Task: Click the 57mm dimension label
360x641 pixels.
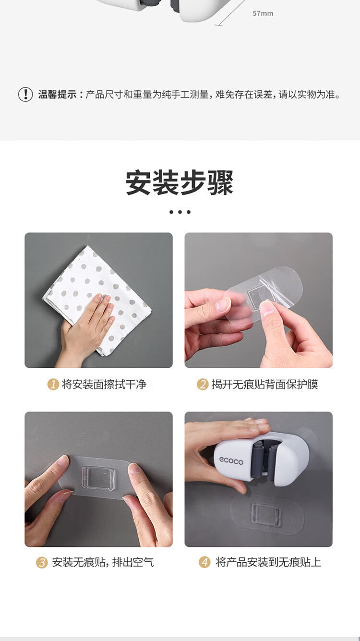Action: point(263,13)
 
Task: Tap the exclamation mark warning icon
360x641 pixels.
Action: point(25,94)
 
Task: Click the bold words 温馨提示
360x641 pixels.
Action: point(57,94)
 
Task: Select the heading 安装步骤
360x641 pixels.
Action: point(180,183)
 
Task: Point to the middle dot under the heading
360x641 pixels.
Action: point(180,212)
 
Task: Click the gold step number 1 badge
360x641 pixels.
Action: point(53,384)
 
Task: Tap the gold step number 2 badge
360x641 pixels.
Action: point(203,384)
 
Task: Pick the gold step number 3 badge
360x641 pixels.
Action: point(42,562)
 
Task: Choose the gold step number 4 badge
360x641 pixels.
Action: point(204,562)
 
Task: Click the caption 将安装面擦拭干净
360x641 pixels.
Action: point(104,384)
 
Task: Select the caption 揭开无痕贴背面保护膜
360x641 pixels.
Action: point(264,384)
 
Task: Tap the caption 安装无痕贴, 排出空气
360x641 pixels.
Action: point(103,562)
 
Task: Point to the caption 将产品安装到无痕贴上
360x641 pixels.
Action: point(268,562)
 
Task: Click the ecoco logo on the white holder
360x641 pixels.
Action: point(231,460)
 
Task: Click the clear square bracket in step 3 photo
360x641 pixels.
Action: point(98,478)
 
